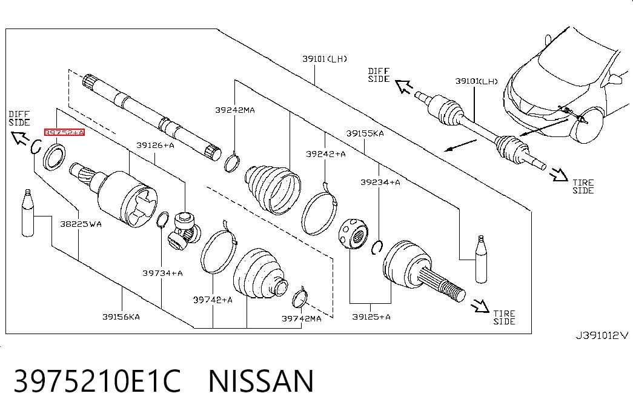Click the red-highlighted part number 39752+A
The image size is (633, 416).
pos(64,132)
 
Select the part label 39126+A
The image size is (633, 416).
pos(155,145)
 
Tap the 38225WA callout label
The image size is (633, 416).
pos(81,224)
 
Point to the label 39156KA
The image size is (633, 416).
pos(121,317)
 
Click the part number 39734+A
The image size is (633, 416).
pos(162,273)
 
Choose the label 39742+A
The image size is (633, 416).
pos(213,300)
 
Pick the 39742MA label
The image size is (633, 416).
pos(302,318)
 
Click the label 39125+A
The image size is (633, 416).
pos(371,317)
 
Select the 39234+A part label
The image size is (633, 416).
pos(380,183)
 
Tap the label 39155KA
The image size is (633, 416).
pos(365,133)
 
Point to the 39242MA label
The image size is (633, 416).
pos(235,110)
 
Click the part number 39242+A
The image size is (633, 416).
pos(326,154)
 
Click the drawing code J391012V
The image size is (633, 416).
pos(602,335)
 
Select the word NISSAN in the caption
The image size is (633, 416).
pos(261,381)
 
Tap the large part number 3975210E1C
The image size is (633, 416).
pos(98,381)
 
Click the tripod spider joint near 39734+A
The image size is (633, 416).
pos(184,230)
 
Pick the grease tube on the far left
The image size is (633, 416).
pos(28,213)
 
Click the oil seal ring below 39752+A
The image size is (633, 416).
pos(55,156)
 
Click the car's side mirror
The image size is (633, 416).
pos(615,79)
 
